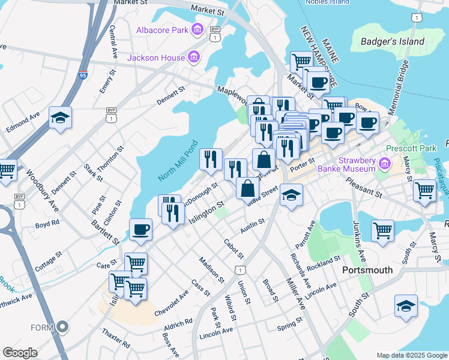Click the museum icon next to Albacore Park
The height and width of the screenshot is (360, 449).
point(196,29)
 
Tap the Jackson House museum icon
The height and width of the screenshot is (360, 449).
point(193,58)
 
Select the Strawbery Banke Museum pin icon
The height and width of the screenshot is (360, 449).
point(385,164)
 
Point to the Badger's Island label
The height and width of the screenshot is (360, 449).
point(393,42)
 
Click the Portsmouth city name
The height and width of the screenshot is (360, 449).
point(367,270)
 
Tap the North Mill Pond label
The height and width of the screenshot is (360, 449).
point(178,162)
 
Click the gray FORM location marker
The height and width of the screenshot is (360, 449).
point(62,328)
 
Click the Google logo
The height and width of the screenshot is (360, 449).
point(20,353)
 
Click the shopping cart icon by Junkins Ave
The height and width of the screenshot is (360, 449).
point(382,230)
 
